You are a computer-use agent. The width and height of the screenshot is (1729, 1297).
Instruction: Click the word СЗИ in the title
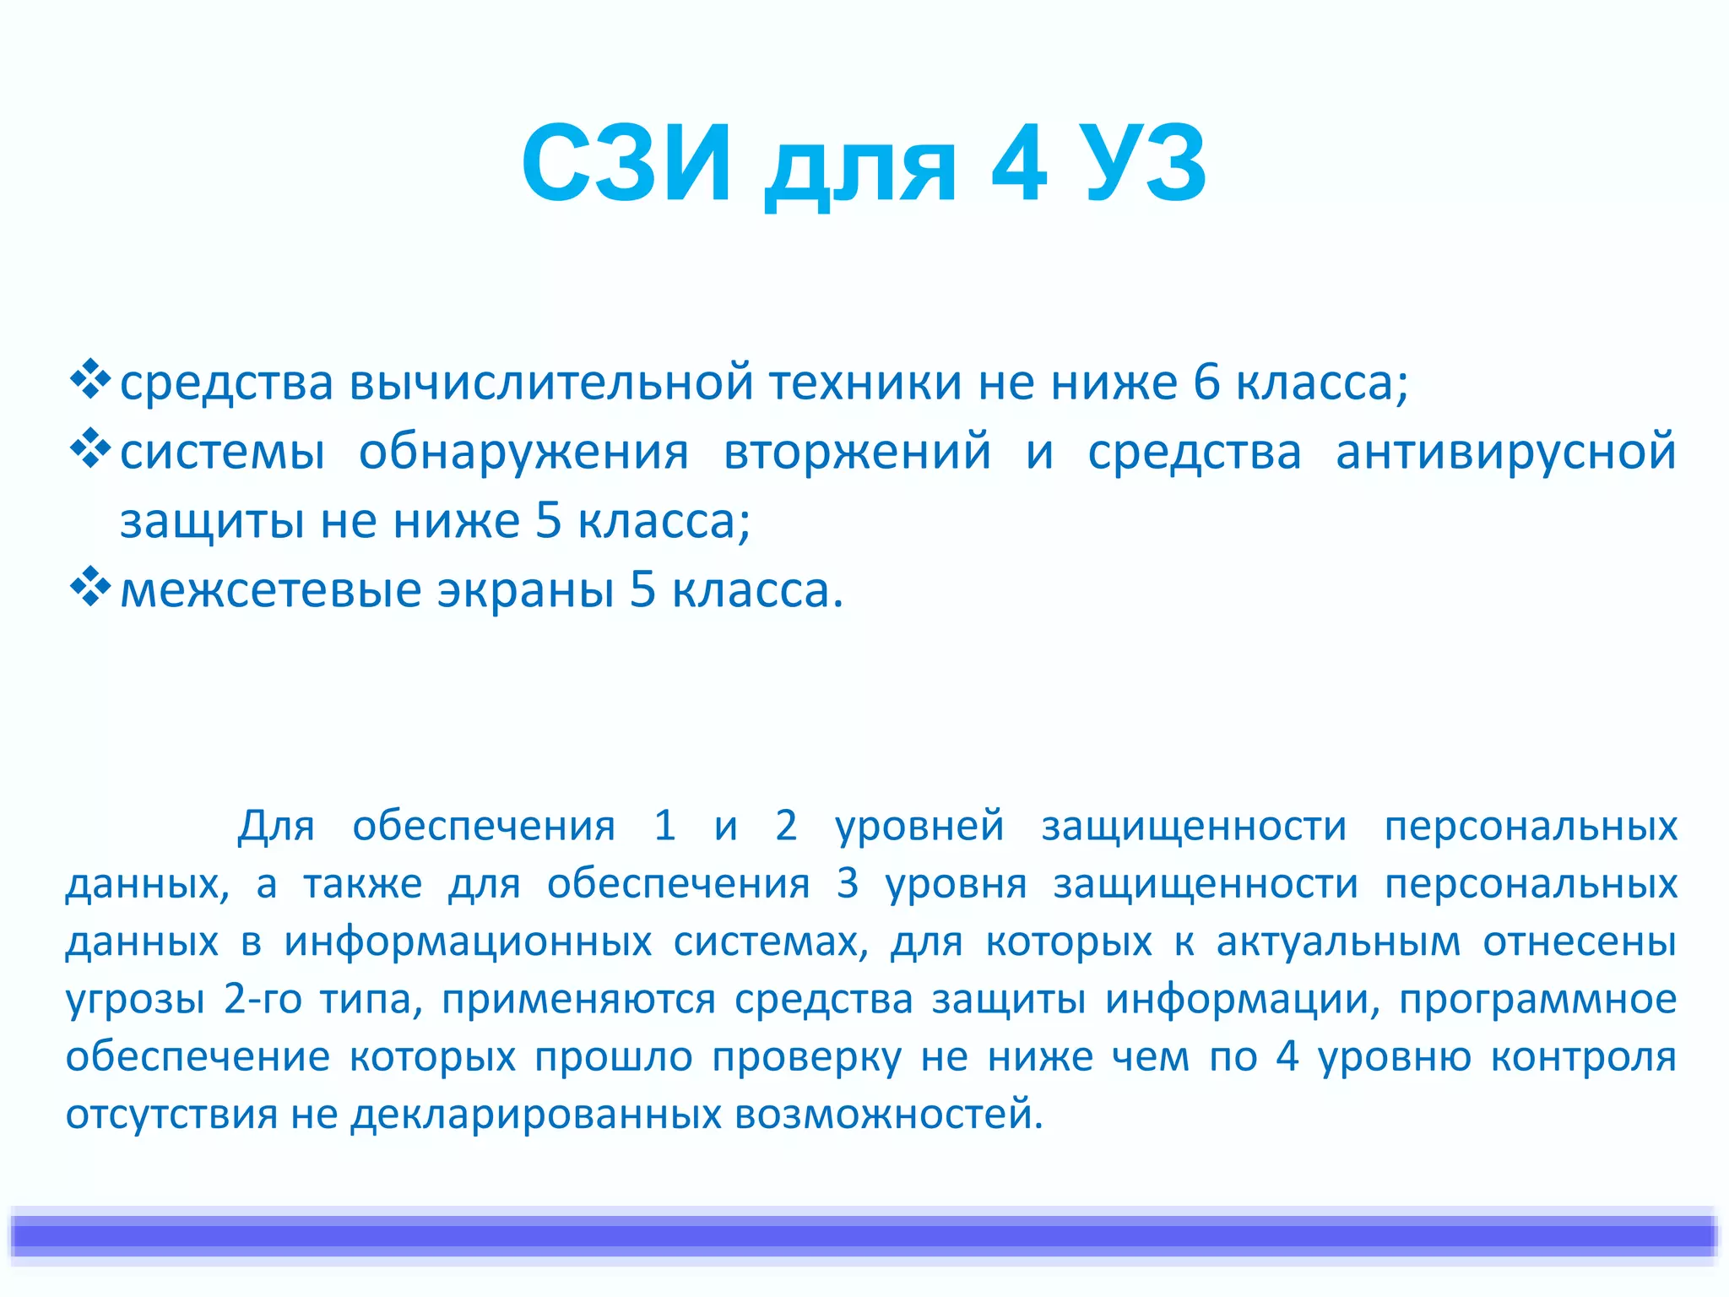click(626, 164)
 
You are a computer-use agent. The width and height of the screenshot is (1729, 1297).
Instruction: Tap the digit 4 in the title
click(1019, 164)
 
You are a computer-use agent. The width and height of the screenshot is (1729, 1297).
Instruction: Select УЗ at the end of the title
click(1146, 164)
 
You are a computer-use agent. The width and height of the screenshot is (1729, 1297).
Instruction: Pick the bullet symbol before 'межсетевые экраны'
click(89, 588)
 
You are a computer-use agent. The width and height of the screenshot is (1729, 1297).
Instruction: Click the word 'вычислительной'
click(550, 383)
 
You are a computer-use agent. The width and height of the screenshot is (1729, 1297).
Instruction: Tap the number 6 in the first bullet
click(1206, 383)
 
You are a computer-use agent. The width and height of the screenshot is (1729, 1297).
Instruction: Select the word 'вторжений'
click(857, 452)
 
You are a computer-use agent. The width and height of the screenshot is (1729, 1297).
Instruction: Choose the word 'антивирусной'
click(1505, 452)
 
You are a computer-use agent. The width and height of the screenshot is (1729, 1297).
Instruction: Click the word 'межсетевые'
click(270, 590)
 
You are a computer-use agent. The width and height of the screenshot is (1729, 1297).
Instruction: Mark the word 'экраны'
click(524, 590)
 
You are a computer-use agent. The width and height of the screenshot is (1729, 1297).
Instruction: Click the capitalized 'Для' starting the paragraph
click(276, 825)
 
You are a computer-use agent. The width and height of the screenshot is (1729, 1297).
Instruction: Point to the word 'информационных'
click(468, 942)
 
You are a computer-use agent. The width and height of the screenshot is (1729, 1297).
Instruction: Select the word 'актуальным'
click(1338, 942)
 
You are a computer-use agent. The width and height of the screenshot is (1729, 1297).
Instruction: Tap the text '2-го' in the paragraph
click(263, 1000)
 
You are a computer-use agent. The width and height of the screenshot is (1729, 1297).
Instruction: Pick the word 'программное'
click(1537, 1000)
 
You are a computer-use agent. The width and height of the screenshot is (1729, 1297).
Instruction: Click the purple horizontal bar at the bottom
click(864, 1236)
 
